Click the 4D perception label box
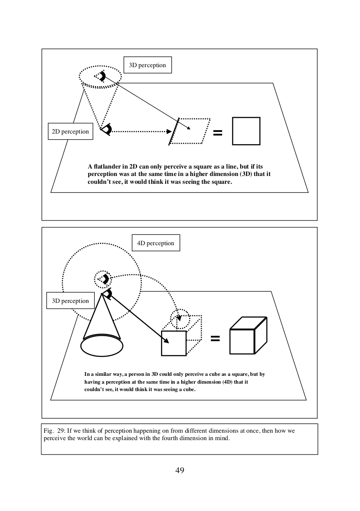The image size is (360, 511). tap(156, 243)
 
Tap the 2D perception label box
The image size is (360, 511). tap(70, 131)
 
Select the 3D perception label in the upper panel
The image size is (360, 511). tap(147, 65)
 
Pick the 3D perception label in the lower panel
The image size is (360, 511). tap(70, 301)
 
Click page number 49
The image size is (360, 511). tap(180, 470)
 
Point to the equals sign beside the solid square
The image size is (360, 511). tap(217, 133)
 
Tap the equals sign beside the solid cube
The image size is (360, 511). tap(215, 338)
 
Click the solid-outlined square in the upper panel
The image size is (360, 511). tap(246, 131)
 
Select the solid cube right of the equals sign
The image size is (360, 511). tap(248, 335)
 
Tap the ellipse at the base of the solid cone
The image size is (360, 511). tap(102, 346)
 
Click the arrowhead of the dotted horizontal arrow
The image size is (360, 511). tap(169, 131)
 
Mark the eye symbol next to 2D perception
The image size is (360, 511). tap(107, 129)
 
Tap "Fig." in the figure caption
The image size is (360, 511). tap(48, 431)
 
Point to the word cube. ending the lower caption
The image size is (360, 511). tap(189, 389)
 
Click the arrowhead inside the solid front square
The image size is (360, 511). tap(167, 341)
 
